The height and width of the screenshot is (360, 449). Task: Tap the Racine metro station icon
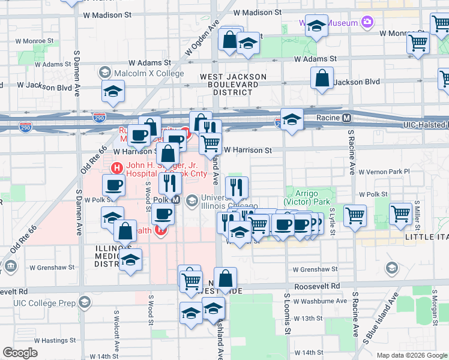(347, 118)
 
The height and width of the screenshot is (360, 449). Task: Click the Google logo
(20, 353)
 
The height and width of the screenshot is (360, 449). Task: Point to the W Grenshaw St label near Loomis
(312, 269)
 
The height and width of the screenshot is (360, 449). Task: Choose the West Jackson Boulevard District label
(233, 85)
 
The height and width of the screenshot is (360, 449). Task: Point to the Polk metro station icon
(176, 199)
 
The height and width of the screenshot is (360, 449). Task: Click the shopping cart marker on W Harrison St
(210, 143)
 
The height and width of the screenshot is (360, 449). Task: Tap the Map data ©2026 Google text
(411, 355)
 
